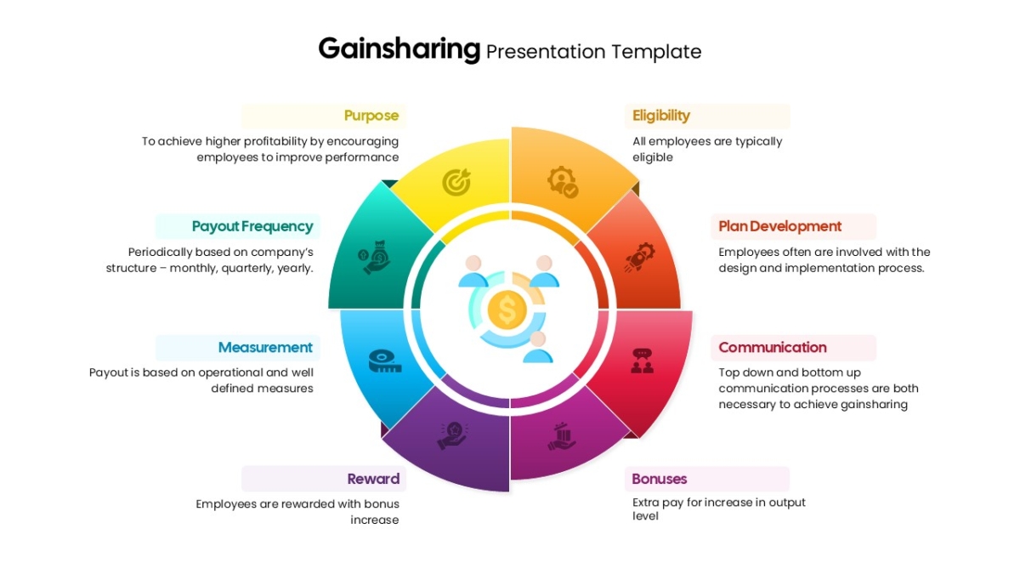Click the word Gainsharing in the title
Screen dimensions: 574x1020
pyautogui.click(x=399, y=49)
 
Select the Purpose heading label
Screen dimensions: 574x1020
pyautogui.click(x=371, y=116)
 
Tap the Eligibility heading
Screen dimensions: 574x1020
pyautogui.click(x=661, y=116)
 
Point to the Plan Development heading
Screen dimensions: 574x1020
pyautogui.click(x=779, y=226)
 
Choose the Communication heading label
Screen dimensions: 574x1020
pyautogui.click(x=772, y=347)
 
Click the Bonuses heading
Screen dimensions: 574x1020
pyautogui.click(x=660, y=479)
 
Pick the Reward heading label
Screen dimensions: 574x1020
pyautogui.click(x=373, y=479)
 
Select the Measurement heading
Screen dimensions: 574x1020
pyautogui.click(x=265, y=347)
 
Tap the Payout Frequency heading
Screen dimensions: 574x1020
pyautogui.click(x=252, y=226)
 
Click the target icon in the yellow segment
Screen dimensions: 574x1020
pyautogui.click(x=456, y=182)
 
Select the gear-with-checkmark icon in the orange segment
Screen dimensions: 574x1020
pyautogui.click(x=562, y=182)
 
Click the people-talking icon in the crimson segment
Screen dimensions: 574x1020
pyautogui.click(x=642, y=361)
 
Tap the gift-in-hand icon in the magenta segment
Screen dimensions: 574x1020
pyautogui.click(x=562, y=436)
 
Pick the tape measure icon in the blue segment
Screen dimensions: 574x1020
pyautogui.click(x=384, y=361)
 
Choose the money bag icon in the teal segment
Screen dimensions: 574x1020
pyautogui.click(x=375, y=256)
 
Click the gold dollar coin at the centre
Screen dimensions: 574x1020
pyautogui.click(x=507, y=310)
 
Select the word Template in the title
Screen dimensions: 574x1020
pyautogui.click(x=656, y=52)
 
